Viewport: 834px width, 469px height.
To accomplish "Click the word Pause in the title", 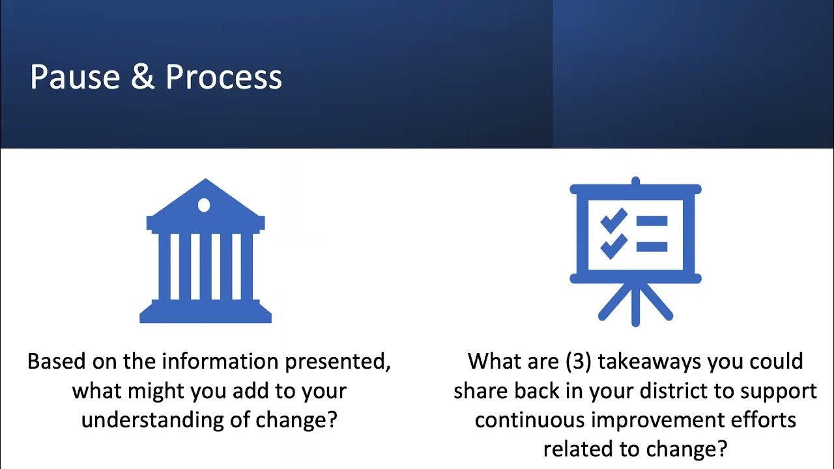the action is (75, 77).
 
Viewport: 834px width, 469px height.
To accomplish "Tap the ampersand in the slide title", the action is (143, 76).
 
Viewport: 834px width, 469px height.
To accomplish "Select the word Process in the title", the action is (223, 77).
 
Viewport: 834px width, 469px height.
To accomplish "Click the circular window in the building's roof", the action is (204, 205).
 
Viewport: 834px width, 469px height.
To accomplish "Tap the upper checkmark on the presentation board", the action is (614, 221).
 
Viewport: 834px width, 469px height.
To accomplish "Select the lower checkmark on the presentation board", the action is (614, 247).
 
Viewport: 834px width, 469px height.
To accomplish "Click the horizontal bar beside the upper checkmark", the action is (652, 221).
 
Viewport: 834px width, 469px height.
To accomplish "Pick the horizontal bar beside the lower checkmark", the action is (652, 247).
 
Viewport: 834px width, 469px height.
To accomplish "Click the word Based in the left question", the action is (57, 361).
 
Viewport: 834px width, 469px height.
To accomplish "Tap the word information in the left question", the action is (220, 361).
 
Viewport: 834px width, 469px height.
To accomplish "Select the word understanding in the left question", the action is (152, 420).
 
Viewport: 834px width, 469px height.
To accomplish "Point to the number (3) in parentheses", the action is (578, 361).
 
